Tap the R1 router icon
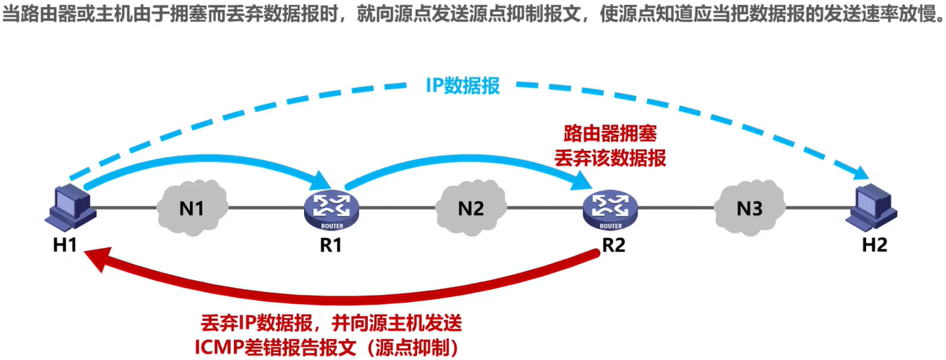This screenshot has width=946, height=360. [331, 207]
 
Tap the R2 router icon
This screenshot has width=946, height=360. [610, 207]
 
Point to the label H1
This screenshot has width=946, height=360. [64, 246]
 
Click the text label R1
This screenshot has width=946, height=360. [331, 246]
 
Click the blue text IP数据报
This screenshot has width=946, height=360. [462, 86]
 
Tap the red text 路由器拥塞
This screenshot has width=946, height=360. [610, 132]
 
